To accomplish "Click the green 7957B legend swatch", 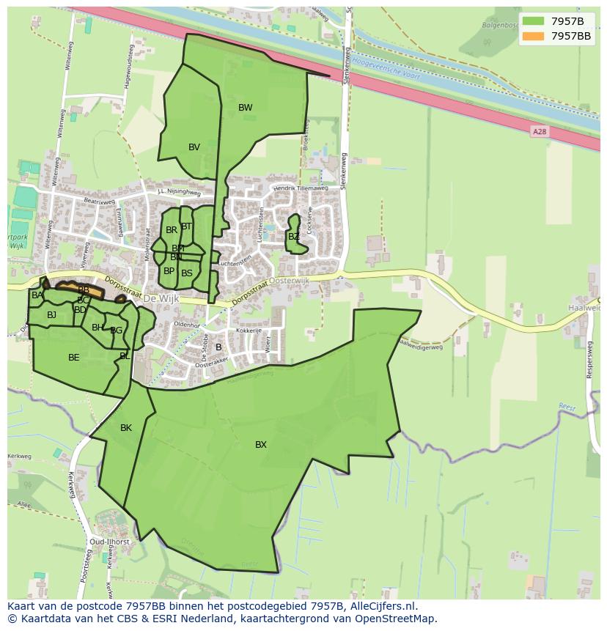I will coord(534,21).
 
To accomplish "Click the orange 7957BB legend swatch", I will coord(534,36).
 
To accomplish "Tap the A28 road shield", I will coord(540,132).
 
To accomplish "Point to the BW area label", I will coord(245,108).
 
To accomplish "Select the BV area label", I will coord(194,147).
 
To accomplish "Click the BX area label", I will coord(261,445).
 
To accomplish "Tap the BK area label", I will coord(126,428).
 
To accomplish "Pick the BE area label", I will coord(73,358).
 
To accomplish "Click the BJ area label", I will coord(51,315).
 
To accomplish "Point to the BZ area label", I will coord(293,237).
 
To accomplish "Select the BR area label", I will coord(171,230).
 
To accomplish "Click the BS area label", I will coord(187,273).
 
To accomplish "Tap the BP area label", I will coord(169,271).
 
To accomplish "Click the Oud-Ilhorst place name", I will coord(109,542).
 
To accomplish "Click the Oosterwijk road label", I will coord(290,280).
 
